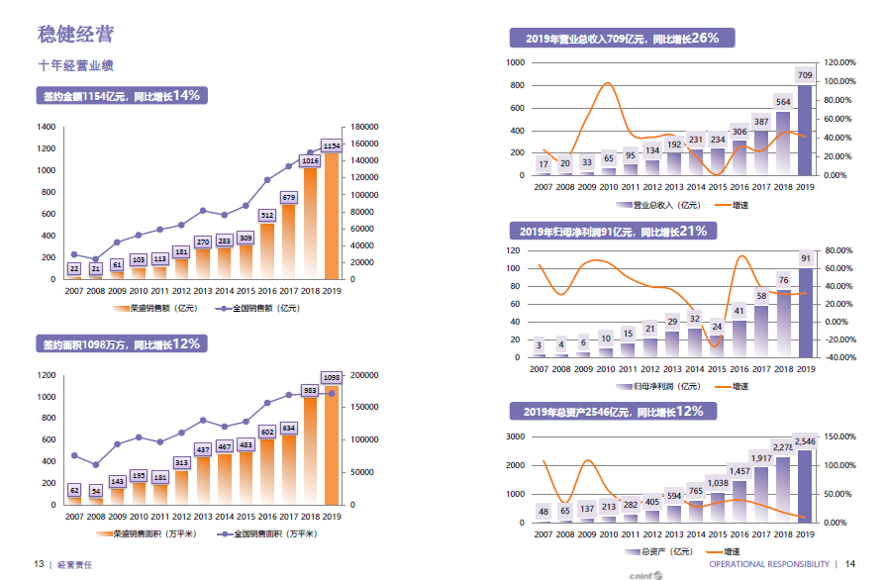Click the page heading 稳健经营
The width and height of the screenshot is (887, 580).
tap(75, 36)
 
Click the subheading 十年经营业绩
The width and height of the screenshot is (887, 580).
tap(75, 66)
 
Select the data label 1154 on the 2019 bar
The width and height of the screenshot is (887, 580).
tap(332, 145)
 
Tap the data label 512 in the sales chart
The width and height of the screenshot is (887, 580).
tap(267, 215)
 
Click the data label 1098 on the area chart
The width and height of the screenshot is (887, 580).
tap(332, 377)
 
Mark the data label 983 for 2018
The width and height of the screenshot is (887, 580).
tap(310, 390)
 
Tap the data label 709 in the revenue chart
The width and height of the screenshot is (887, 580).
tap(805, 75)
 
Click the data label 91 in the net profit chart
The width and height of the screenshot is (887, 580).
tap(805, 258)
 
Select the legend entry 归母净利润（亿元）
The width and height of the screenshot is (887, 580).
tap(657, 386)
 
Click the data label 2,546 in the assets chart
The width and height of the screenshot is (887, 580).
tap(805, 440)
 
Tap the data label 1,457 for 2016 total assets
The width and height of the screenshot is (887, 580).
tap(739, 471)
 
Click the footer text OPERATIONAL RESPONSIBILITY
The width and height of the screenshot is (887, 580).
tap(768, 564)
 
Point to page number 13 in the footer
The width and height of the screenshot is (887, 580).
tap(39, 564)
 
